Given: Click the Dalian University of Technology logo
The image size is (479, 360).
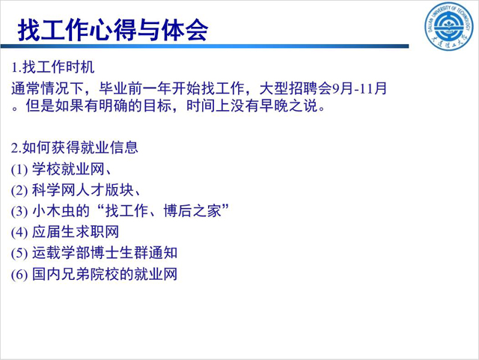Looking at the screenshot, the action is click(448, 26).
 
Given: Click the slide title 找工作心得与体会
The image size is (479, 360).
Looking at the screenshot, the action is click(113, 30).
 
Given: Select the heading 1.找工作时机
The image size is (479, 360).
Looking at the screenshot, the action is click(52, 67).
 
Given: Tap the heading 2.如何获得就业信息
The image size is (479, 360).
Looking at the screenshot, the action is click(75, 147).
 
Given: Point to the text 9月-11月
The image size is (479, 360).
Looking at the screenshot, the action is click(359, 88).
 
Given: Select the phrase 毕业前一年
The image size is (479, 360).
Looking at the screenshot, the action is click(135, 88).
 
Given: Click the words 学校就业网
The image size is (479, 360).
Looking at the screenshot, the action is click(68, 169).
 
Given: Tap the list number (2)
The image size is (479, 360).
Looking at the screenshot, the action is click(19, 190).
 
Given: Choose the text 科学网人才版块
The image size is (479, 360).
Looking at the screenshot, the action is click(83, 190).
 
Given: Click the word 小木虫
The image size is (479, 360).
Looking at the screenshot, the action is click(54, 211).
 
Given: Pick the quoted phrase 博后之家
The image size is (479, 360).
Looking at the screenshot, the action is click(192, 211).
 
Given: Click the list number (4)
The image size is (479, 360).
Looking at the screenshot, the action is click(19, 233).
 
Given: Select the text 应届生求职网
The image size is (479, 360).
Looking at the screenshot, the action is click(76, 232).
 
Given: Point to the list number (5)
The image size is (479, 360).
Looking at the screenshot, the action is click(19, 254).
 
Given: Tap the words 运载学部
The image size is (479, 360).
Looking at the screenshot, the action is click(61, 253).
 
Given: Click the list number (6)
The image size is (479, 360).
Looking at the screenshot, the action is click(19, 275).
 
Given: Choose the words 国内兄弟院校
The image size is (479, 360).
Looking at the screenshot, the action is click(76, 274).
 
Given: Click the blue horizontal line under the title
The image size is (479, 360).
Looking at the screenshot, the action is click(204, 46).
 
